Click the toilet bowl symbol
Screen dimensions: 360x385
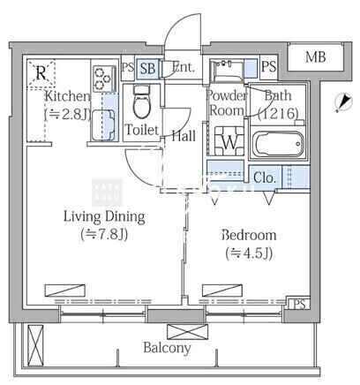point(141,102)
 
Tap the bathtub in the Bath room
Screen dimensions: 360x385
point(278,144)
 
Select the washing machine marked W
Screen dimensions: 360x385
point(229,141)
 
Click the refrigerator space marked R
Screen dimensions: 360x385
point(41,73)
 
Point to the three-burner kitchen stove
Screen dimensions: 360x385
point(104,78)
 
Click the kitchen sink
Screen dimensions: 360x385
point(103,125)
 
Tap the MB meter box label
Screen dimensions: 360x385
point(315,57)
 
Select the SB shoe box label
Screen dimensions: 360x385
point(147,69)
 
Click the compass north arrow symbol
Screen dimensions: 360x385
point(343,102)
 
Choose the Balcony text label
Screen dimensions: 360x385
point(167,348)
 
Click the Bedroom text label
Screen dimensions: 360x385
point(249,235)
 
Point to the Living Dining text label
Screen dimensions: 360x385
point(104,217)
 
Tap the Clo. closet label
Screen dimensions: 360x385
point(265,177)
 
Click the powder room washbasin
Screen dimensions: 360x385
point(228,70)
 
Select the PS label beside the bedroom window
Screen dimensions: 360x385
point(299,304)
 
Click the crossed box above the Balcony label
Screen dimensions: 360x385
point(187,332)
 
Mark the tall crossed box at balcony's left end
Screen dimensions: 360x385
point(35,344)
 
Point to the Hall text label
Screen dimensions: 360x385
point(184,136)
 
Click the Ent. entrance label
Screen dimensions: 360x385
point(184,67)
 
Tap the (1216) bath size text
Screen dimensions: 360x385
point(278,113)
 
